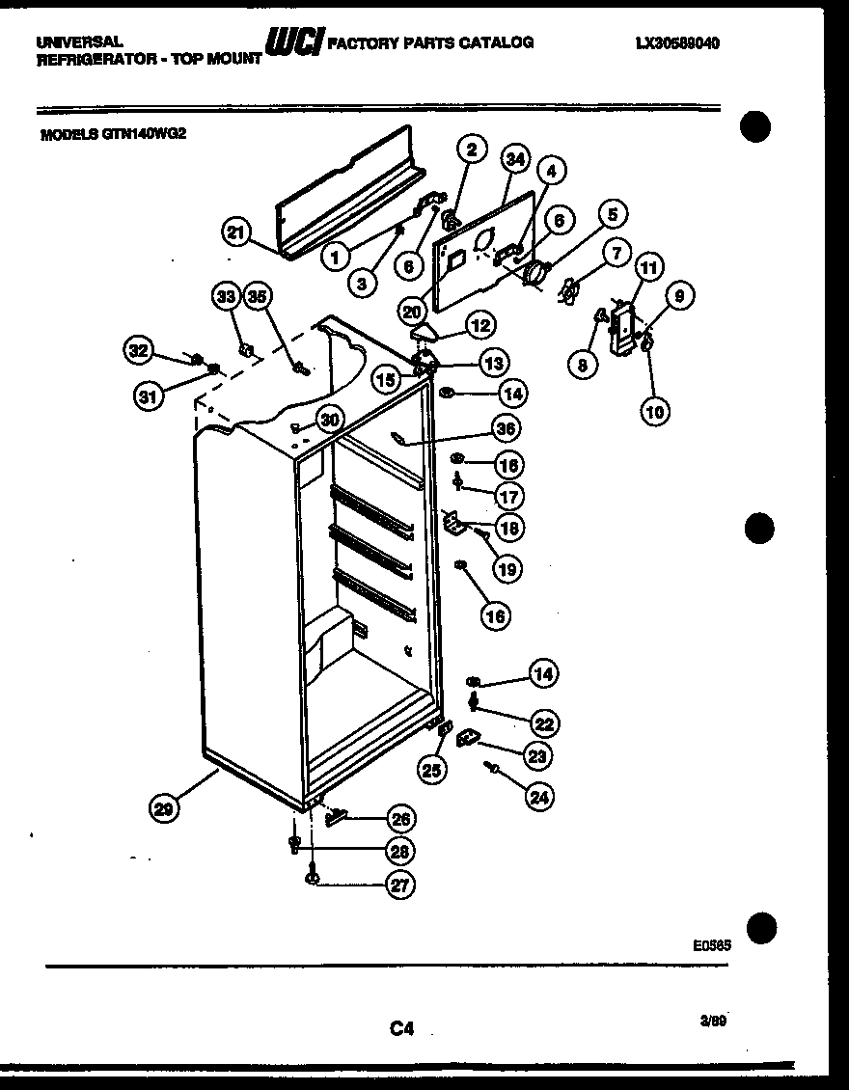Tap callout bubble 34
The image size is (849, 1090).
click(516, 159)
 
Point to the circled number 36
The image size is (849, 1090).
click(505, 428)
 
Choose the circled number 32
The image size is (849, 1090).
click(139, 351)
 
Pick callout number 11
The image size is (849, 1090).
click(649, 269)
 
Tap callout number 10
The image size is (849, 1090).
click(654, 411)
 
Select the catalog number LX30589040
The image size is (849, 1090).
click(677, 43)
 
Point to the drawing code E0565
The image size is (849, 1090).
click(711, 946)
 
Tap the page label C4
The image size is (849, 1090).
click(402, 1029)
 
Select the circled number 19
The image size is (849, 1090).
click(507, 569)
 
